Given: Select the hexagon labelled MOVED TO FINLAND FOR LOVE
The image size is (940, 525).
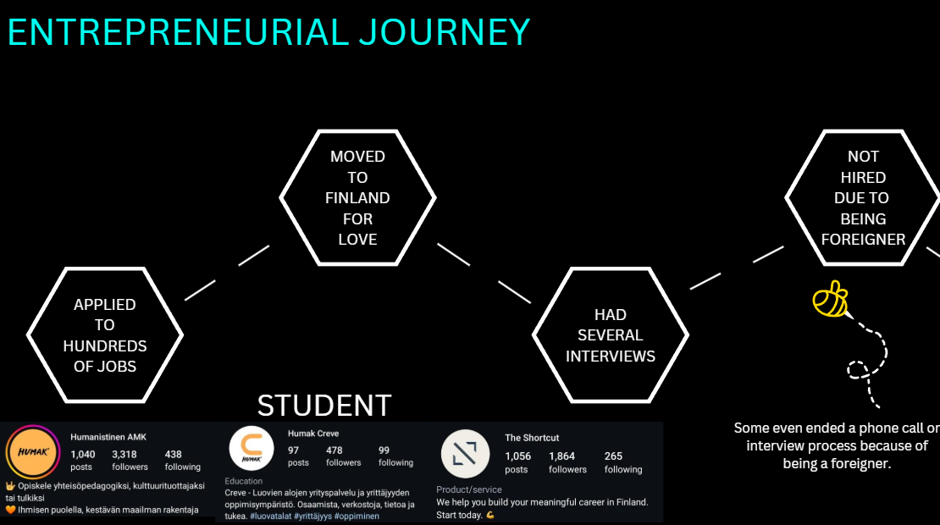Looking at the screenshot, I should [x=357, y=197].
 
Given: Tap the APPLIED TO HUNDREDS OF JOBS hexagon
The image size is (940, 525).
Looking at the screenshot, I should [x=105, y=335].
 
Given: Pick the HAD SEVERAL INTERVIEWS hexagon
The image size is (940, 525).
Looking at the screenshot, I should [x=611, y=335].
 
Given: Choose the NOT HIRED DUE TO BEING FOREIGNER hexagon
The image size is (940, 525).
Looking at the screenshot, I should [x=863, y=197].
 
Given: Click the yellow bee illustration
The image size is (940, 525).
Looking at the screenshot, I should [x=830, y=298].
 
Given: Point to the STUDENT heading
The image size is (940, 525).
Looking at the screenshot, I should [x=324, y=406].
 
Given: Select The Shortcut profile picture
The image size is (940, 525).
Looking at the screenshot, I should [x=466, y=454].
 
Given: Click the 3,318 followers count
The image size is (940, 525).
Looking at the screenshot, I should [x=125, y=455].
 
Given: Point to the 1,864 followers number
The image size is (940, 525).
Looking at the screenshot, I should [x=561, y=456].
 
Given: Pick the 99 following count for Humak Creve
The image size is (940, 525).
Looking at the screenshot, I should [x=384, y=450].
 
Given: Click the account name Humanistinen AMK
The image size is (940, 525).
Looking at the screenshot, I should [x=108, y=437].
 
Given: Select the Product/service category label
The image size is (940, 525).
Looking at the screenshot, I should [x=469, y=489].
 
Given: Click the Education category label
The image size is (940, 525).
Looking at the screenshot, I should [x=244, y=481].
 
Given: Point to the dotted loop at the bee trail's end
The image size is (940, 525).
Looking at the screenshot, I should [x=858, y=369].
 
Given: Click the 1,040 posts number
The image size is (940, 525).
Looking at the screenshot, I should [x=82, y=455].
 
